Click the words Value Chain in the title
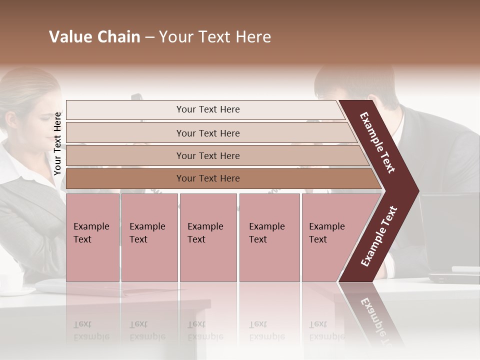[x=94, y=37]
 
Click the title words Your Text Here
[x=215, y=37]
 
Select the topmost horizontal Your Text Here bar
[x=207, y=109]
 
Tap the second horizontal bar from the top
[x=207, y=133]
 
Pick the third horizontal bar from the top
[x=207, y=155]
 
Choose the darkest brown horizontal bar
[x=207, y=178]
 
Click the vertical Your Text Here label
[x=57, y=143]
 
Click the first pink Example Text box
[x=92, y=237]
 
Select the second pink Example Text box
[x=149, y=237]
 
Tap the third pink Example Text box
[x=207, y=237]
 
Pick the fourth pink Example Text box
[x=269, y=237]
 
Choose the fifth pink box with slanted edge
[x=330, y=237]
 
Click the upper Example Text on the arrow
[x=377, y=142]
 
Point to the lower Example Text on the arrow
[x=378, y=236]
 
